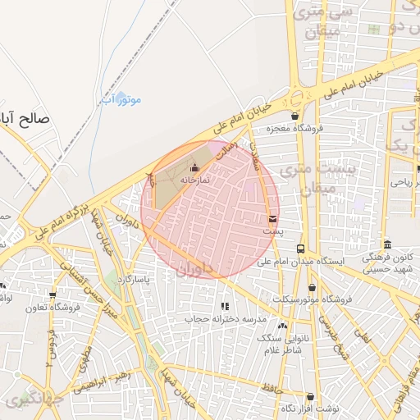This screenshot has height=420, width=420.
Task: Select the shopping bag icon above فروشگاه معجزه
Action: (294, 116)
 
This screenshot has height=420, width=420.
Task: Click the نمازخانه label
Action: (194, 179)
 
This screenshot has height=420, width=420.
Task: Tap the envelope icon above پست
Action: (272, 219)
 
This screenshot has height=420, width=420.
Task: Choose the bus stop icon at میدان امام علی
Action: (301, 249)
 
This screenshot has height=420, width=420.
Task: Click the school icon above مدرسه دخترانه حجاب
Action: (226, 306)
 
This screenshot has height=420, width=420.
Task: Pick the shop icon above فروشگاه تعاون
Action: (53, 295)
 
